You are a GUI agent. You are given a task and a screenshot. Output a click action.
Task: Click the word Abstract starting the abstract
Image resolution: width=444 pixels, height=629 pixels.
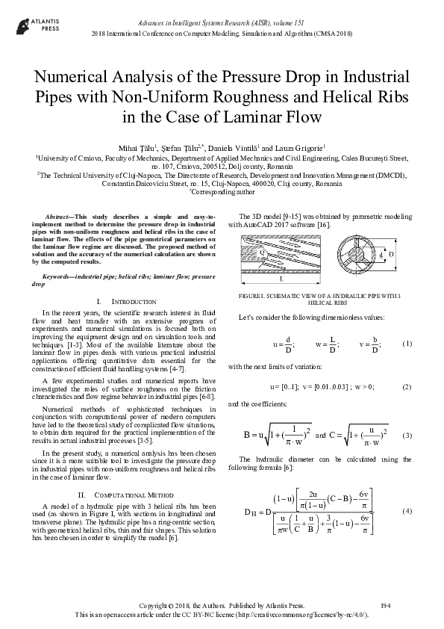(x=60, y=215)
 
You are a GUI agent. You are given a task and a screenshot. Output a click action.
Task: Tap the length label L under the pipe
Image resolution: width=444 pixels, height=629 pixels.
(x=280, y=279)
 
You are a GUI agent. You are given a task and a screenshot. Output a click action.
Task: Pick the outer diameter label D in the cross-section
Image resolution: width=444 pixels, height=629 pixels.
(x=411, y=255)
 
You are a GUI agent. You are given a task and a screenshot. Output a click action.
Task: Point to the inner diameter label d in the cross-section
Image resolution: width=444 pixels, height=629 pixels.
(x=381, y=255)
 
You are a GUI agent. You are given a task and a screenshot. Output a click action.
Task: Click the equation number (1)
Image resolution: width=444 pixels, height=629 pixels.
(x=407, y=344)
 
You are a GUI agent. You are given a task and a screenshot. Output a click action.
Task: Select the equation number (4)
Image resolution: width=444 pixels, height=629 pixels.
(x=407, y=510)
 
